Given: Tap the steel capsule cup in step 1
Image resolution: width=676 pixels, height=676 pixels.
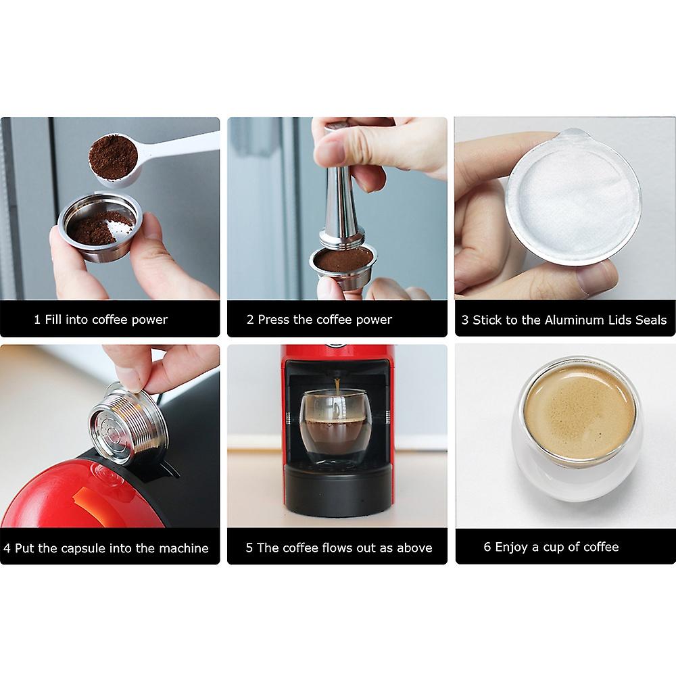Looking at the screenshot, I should point(101,233).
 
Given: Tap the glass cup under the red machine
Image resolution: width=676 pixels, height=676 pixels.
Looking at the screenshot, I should point(336,426).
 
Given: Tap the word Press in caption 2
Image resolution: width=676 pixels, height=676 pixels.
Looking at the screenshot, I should point(273,319).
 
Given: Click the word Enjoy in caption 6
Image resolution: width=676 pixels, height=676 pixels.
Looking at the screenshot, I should point(512,546).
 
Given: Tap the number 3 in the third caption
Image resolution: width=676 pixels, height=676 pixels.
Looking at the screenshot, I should point(465,320).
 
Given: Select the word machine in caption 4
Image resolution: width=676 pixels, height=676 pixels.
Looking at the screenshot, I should point(185,548).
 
